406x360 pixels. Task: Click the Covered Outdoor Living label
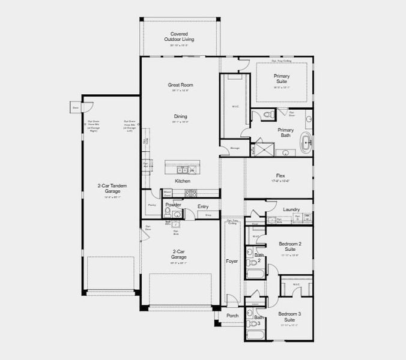pyautogui.click(x=179, y=37)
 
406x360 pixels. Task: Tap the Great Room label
pyautogui.click(x=180, y=85)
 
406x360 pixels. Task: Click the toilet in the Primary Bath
pyautogui.click(x=268, y=114)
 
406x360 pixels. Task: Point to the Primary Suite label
pyautogui.click(x=282, y=79)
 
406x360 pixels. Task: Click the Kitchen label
pyautogui.click(x=183, y=181)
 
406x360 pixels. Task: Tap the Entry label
pyautogui.click(x=203, y=206)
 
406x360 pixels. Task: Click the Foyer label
pyautogui.click(x=232, y=261)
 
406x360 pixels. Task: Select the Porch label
pyautogui.click(x=232, y=315)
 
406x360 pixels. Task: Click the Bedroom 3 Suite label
pyautogui.click(x=290, y=316)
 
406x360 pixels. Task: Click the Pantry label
pyautogui.click(x=152, y=205)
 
